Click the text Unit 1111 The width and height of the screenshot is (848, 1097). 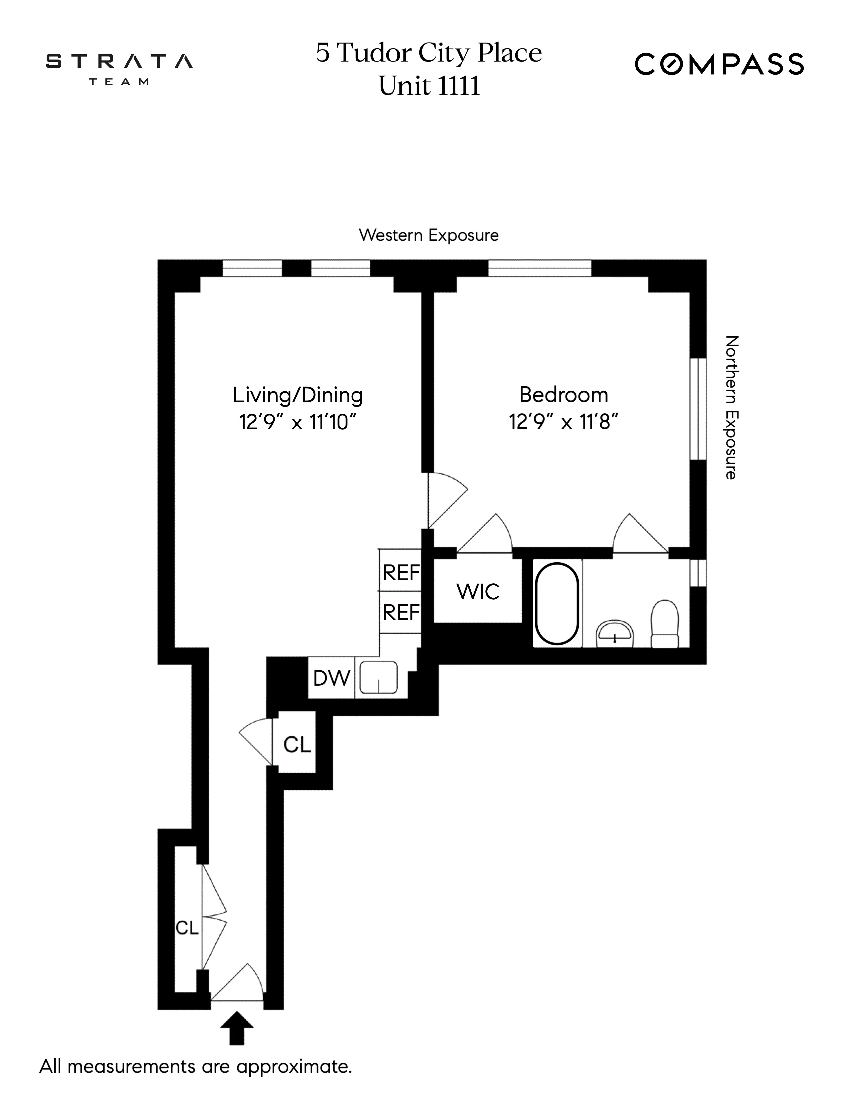429,86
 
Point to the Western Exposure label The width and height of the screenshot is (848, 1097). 429,235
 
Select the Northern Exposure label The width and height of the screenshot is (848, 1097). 731,407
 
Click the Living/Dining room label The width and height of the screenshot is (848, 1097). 297,395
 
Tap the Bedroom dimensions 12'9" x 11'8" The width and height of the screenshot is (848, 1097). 563,422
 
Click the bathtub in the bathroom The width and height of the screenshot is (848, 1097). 557,603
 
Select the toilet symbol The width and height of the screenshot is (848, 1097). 665,623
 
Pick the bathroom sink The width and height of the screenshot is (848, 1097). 615,634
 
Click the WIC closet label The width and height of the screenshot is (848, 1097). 478,592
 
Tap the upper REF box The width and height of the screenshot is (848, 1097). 400,572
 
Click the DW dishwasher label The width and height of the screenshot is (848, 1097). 331,678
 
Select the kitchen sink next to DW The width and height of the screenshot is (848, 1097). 379,677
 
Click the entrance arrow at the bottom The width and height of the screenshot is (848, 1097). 237,1029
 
